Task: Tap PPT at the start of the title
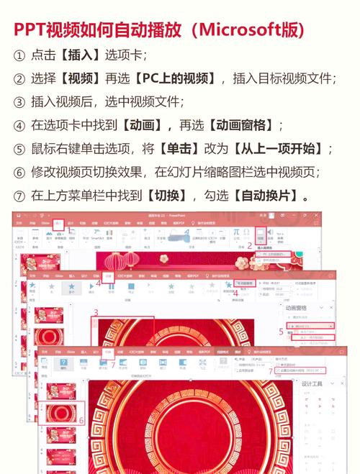coord(30,29)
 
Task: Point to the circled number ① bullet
coord(19,55)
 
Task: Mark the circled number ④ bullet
coord(19,126)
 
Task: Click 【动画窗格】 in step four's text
coord(240,126)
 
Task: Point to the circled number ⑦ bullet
coord(19,196)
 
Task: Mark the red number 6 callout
coord(81,419)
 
